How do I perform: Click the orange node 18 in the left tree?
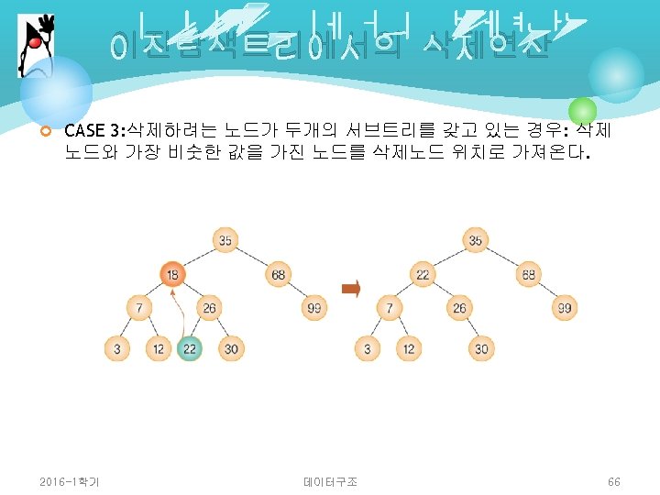(171, 273)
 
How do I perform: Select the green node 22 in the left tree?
(189, 348)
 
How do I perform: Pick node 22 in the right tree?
(423, 273)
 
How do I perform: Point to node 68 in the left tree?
(278, 273)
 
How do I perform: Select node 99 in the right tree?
(565, 308)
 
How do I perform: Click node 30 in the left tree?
(231, 348)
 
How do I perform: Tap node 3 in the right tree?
(367, 348)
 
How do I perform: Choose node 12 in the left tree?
(157, 348)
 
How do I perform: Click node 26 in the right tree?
(459, 308)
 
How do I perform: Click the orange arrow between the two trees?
(350, 290)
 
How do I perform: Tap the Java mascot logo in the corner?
(32, 46)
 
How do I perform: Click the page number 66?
(613, 481)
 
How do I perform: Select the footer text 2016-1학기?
(70, 481)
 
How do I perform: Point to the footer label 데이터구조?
(330, 481)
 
